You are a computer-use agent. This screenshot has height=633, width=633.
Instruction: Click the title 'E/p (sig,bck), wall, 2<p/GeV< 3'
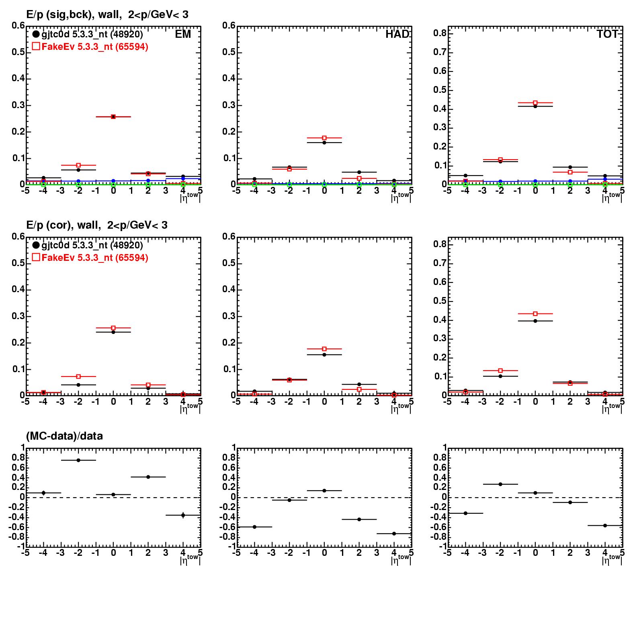[107, 15]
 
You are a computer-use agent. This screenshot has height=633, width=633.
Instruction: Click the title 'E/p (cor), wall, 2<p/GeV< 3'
[96, 225]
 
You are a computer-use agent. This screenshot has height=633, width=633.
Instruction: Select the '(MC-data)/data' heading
[64, 436]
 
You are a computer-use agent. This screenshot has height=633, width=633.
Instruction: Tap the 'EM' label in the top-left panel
[183, 34]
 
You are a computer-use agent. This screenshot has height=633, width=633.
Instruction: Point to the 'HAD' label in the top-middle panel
[397, 34]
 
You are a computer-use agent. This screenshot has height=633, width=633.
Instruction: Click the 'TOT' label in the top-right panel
[607, 34]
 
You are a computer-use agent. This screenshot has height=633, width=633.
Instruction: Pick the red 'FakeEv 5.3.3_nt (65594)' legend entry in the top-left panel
[90, 47]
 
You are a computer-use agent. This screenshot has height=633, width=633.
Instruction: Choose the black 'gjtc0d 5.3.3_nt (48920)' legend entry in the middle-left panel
[87, 245]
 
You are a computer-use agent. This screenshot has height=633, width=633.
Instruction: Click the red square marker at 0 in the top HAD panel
[324, 138]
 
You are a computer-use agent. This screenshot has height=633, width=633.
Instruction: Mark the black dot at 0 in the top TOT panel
[535, 106]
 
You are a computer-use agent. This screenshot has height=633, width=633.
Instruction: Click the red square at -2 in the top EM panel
[78, 165]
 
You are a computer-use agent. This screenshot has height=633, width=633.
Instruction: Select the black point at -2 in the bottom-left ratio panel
[78, 460]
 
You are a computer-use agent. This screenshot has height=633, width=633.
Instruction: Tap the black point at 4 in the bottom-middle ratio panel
[394, 534]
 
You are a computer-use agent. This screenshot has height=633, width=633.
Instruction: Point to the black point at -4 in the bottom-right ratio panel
[465, 513]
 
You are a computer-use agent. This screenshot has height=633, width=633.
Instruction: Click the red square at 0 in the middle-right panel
[535, 313]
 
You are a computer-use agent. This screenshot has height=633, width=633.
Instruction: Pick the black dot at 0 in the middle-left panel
[113, 332]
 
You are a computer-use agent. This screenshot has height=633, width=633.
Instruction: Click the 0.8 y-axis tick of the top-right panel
[441, 33]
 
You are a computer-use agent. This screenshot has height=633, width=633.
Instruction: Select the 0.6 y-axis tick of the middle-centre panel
[229, 236]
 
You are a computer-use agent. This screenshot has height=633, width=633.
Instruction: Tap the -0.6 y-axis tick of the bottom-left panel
[16, 527]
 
